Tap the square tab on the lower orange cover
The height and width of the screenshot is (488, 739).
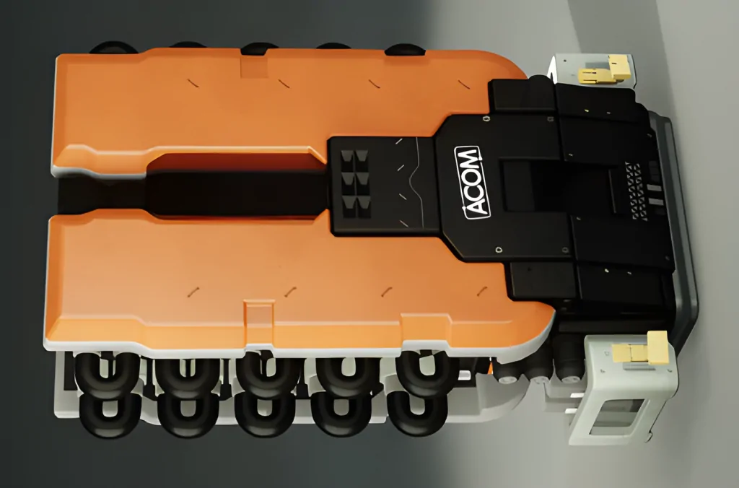click(x=259, y=315)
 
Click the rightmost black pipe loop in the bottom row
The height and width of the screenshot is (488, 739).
click(x=416, y=412)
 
